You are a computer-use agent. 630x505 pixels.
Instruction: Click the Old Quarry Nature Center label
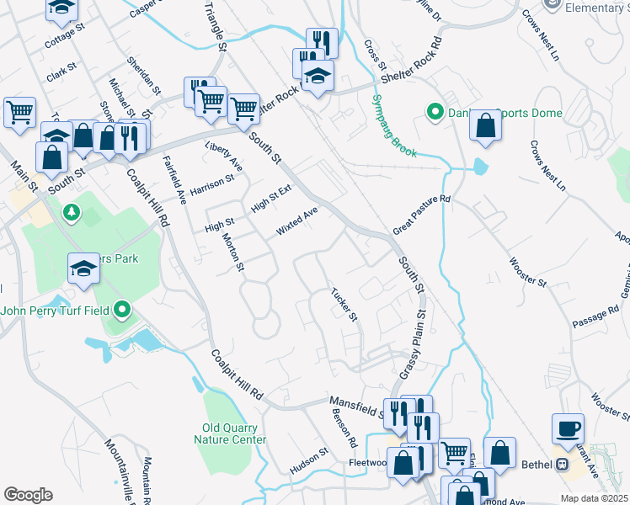tap(230, 433)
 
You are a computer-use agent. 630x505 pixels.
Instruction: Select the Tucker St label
tap(344, 306)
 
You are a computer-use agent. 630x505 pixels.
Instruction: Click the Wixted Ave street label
tap(297, 221)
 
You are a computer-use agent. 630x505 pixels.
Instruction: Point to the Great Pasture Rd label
tap(423, 215)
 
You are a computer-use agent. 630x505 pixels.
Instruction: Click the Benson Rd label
tap(347, 429)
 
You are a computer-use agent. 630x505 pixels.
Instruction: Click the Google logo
tap(28, 494)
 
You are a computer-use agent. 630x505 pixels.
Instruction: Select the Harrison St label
tap(211, 183)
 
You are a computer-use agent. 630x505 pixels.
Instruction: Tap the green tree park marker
tap(72, 210)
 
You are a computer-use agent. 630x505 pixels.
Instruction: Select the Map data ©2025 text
tap(594, 498)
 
